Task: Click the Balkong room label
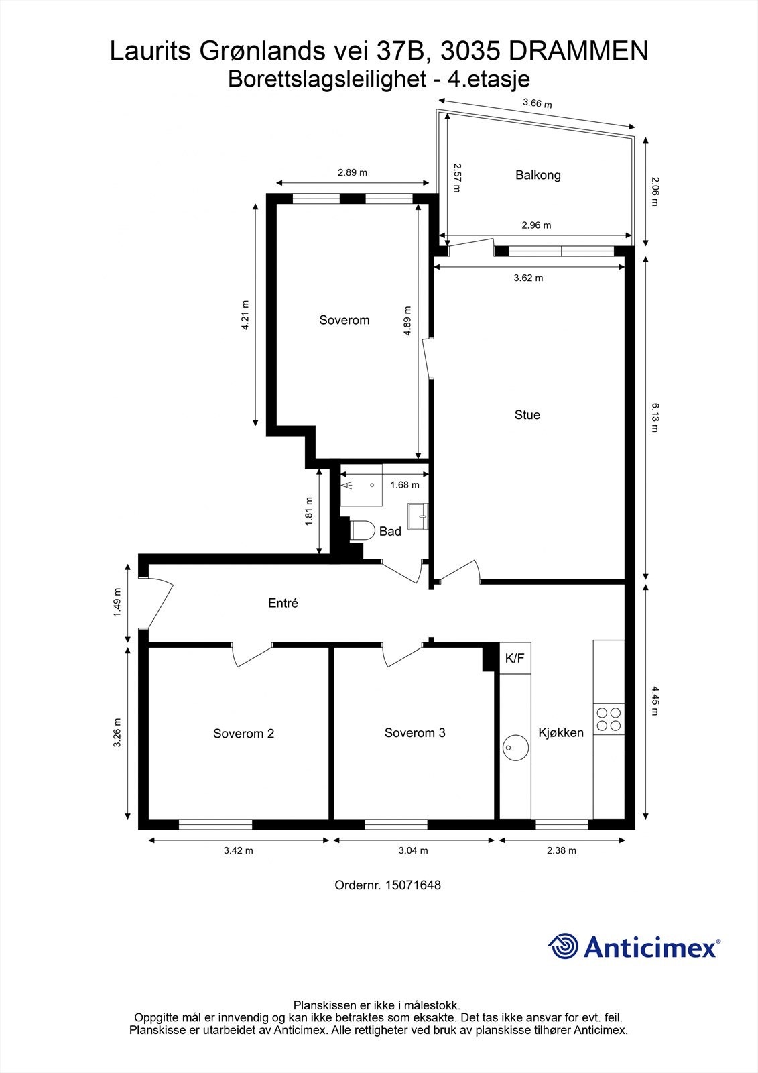(x=538, y=175)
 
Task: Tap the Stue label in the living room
(x=527, y=415)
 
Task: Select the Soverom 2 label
(x=243, y=733)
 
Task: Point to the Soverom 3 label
(x=415, y=732)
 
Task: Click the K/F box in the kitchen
(x=515, y=659)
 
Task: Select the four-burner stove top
(x=609, y=719)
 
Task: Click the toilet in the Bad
(x=362, y=530)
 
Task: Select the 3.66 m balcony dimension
(x=537, y=104)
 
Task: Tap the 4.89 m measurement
(x=407, y=321)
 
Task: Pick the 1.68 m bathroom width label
(x=404, y=484)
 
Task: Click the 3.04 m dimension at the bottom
(x=413, y=850)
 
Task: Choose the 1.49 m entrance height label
(x=118, y=602)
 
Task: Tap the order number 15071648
(x=412, y=885)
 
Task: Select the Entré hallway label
(x=283, y=603)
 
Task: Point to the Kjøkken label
(x=561, y=732)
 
